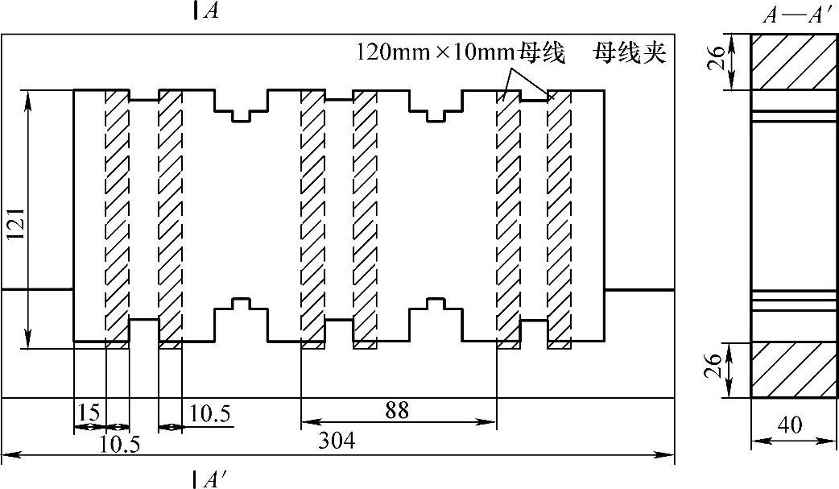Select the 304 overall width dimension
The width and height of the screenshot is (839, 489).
click(338, 441)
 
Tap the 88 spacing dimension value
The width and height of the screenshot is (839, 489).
click(397, 410)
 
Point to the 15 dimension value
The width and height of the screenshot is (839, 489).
click(89, 412)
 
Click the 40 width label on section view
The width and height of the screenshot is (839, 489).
click(791, 425)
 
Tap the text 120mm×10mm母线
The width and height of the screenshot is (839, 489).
click(461, 55)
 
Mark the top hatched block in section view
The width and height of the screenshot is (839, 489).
click(791, 62)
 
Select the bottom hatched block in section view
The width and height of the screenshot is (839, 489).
click(791, 370)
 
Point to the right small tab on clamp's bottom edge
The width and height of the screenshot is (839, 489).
click(436, 305)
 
